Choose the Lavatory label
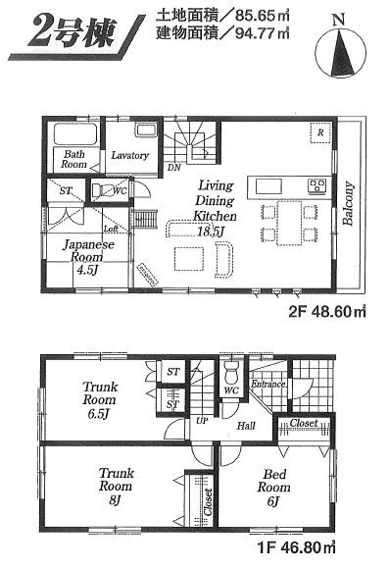(128, 155)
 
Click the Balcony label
(349, 205)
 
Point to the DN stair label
(173, 168)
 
